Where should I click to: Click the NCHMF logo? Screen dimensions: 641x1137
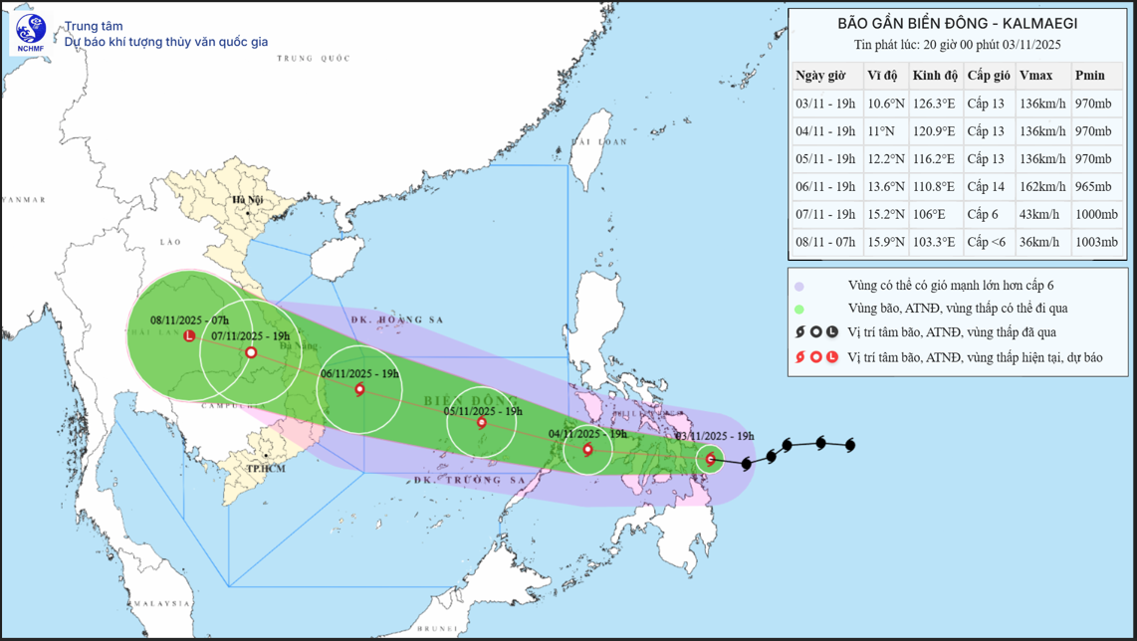coord(31,32)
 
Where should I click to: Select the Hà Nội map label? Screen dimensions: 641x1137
coord(248,200)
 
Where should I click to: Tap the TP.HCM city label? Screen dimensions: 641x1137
coord(266,468)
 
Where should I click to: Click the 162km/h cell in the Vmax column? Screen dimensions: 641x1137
coord(1042,186)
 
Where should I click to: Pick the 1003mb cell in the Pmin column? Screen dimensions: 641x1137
coord(1096,242)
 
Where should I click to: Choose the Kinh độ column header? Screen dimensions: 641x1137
coord(935,76)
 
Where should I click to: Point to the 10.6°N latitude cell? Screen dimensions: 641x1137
coord(885,104)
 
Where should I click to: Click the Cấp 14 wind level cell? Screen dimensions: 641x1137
coord(986,186)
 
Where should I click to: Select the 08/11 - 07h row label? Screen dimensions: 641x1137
coord(825,242)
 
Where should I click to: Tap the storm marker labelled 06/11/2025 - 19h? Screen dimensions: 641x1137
coord(360,390)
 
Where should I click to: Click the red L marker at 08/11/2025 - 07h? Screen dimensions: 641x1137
coord(189,336)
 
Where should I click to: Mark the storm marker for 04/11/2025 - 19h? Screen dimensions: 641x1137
coord(588,450)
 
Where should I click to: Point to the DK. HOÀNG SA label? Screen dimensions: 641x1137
coord(396,320)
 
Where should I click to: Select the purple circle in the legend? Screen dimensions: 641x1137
coord(799,286)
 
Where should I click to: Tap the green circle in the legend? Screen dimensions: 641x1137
coord(799,310)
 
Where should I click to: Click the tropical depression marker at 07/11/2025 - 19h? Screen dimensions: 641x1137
coord(251,352)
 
